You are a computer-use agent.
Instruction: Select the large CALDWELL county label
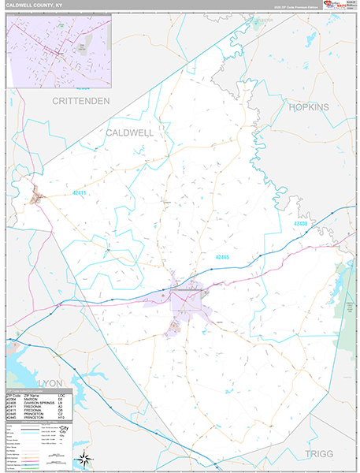click(x=129, y=133)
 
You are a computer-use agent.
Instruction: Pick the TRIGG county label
click(x=320, y=454)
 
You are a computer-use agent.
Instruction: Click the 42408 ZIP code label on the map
click(x=299, y=224)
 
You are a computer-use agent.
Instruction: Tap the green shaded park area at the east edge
click(x=343, y=288)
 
